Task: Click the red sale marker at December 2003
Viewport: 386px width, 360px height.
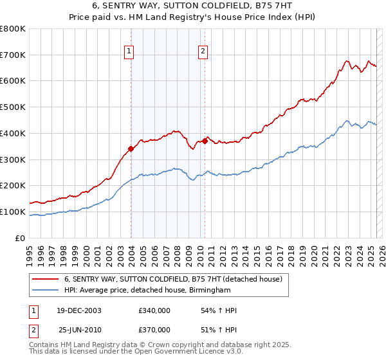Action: point(131,148)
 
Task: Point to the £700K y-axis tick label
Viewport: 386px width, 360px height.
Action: point(13,55)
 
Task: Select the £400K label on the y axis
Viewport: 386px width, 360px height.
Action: point(13,134)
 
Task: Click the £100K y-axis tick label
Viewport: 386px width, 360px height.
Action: point(13,212)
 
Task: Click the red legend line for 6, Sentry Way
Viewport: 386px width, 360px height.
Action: point(45,279)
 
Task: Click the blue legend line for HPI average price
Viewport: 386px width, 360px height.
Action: point(45,290)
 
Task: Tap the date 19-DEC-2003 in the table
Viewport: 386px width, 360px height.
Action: point(79,311)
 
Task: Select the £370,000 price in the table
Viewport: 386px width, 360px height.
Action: point(154,329)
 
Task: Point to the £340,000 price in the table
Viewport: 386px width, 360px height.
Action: point(154,311)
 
